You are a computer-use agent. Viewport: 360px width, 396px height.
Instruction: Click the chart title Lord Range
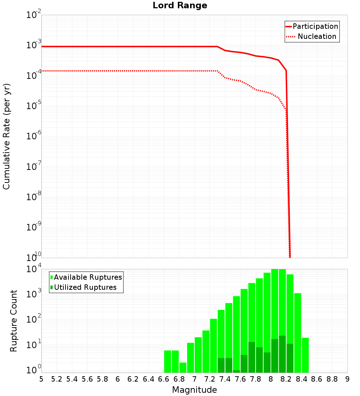click(180, 6)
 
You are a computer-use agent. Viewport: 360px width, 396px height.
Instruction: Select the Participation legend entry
click(315, 27)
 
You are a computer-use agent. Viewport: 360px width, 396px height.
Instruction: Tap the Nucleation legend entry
click(316, 37)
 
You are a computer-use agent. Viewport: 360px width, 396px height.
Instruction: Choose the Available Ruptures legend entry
click(88, 278)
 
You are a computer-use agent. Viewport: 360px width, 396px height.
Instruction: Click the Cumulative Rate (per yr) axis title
click(6, 136)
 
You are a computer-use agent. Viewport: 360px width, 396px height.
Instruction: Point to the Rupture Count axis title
click(14, 321)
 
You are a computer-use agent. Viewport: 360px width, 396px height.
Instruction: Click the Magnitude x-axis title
click(194, 390)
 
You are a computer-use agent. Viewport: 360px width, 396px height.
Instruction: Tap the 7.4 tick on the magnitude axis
click(225, 379)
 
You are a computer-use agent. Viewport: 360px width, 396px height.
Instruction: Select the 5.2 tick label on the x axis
click(57, 379)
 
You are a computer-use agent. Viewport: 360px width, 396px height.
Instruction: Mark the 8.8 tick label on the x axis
click(332, 379)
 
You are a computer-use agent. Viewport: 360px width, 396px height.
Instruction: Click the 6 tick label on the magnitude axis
click(118, 379)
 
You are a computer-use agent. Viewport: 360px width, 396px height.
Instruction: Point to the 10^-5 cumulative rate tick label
click(34, 106)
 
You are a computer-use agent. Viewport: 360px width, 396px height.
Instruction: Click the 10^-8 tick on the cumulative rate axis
click(34, 197)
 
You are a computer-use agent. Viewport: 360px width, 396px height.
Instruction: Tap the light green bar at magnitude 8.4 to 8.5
click(305, 355)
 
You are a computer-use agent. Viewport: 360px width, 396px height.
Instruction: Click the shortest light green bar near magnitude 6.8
click(183, 367)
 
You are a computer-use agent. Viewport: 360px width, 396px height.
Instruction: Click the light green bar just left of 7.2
click(206, 351)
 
